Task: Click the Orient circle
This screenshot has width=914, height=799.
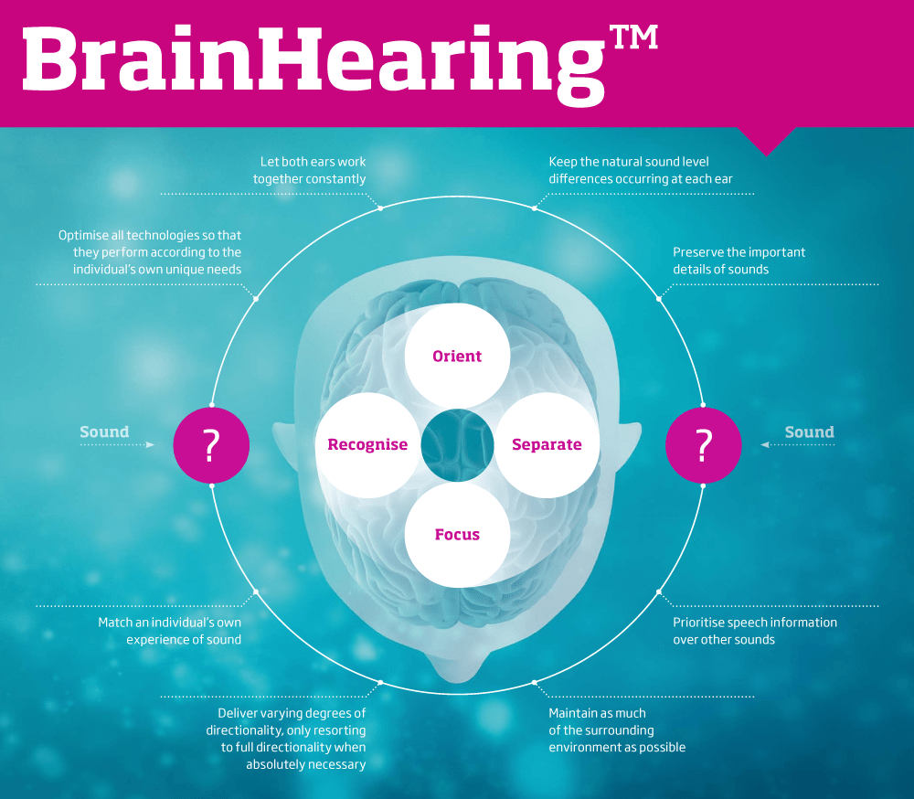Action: click(x=457, y=356)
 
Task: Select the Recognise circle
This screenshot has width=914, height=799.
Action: click(x=367, y=444)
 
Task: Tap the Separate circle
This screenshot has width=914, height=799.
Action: click(x=547, y=444)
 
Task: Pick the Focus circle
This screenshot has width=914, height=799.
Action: click(x=457, y=534)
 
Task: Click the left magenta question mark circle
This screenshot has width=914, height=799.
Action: click(x=212, y=445)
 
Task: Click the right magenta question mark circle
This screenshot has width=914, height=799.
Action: click(x=704, y=445)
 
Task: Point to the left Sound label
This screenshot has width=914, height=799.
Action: click(x=104, y=431)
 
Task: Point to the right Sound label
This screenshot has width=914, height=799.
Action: click(x=809, y=431)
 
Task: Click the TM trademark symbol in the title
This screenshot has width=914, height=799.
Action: click(x=633, y=37)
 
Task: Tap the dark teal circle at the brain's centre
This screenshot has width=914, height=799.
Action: click(x=457, y=445)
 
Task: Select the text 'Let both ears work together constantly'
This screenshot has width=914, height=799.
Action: click(x=310, y=170)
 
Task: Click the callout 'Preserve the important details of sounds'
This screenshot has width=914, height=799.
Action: click(x=739, y=261)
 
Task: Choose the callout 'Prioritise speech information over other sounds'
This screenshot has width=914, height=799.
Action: click(x=755, y=631)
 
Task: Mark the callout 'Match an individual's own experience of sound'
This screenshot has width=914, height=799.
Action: click(x=170, y=631)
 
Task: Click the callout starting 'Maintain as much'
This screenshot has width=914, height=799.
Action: click(x=617, y=730)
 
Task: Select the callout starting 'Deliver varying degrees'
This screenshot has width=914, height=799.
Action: click(x=285, y=739)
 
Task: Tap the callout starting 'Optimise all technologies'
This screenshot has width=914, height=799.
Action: click(x=150, y=252)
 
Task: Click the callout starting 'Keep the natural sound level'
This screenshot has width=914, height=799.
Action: click(x=640, y=170)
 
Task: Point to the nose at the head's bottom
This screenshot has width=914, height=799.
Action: click(x=457, y=666)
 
